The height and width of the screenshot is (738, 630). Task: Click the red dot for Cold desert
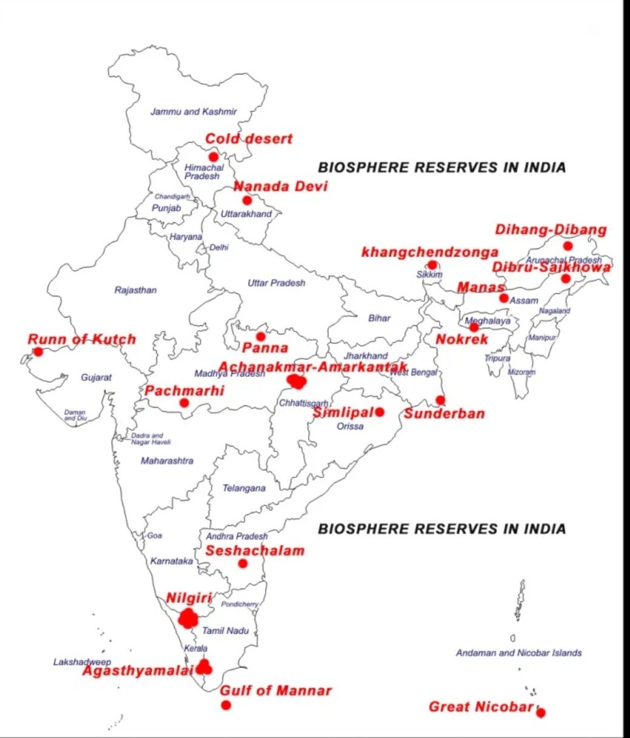coord(213,157)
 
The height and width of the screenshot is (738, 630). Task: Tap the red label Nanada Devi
coord(281,187)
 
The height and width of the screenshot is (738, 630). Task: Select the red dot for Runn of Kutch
coord(38,351)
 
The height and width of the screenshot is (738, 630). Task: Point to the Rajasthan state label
coord(135,290)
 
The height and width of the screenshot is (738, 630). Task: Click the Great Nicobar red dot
coord(540,713)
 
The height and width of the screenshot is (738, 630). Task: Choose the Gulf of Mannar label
coord(276,691)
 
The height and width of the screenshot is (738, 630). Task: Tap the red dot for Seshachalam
coord(243,563)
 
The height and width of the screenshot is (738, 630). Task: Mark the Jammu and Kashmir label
coord(193,111)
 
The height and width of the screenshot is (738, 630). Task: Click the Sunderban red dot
coord(440,400)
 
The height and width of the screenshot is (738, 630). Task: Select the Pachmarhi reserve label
coord(184,391)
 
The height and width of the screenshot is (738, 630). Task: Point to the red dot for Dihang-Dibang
coord(568,245)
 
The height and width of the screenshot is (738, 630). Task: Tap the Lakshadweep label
coord(82,662)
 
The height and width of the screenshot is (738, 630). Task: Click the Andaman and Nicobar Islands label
coord(518,653)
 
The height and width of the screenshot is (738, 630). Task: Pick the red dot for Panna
coord(261,336)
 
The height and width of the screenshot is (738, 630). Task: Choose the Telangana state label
coord(244,488)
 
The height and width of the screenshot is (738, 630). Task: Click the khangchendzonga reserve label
coord(430,252)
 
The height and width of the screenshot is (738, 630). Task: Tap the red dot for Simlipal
coord(380,412)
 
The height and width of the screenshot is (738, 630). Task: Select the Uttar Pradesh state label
coord(276,283)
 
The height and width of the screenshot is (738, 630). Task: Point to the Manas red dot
coord(503,298)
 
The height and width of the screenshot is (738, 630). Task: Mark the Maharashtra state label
coord(167,461)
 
